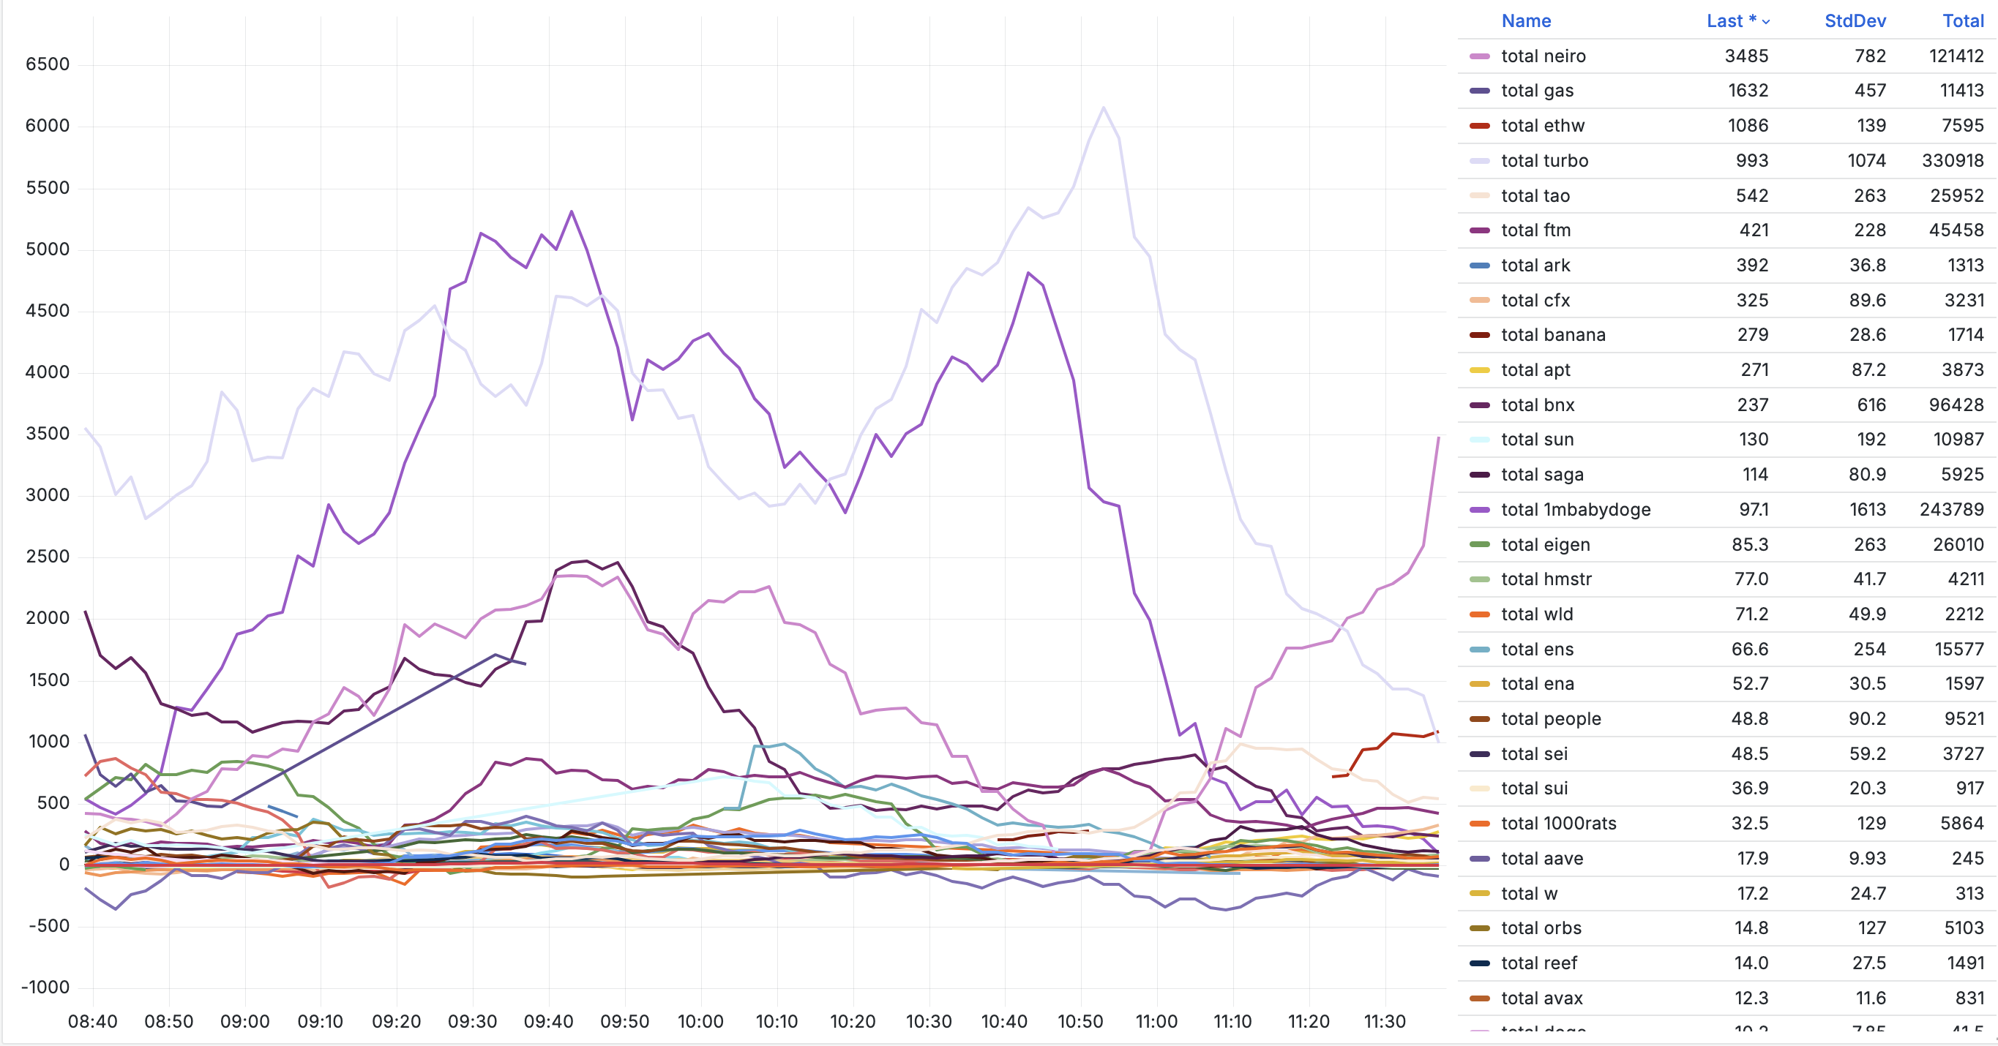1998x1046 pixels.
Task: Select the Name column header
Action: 1526,21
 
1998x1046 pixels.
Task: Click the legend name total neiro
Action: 1543,56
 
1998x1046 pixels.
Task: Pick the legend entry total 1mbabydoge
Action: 1575,509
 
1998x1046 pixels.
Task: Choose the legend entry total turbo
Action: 1544,160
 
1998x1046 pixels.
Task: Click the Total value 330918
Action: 1951,160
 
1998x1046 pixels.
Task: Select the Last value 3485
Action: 1746,56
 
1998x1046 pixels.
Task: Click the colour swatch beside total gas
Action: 1479,91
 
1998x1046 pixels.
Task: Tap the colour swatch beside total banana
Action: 1479,335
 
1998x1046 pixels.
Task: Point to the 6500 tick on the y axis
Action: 48,64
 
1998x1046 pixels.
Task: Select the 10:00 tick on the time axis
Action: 700,1021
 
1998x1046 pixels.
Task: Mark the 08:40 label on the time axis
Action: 92,1021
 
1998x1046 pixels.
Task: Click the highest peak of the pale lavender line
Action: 1103,108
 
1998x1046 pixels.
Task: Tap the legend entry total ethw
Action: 1542,126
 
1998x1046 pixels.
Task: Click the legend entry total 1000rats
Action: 1558,824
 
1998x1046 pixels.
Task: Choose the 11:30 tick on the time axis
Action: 1385,1021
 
